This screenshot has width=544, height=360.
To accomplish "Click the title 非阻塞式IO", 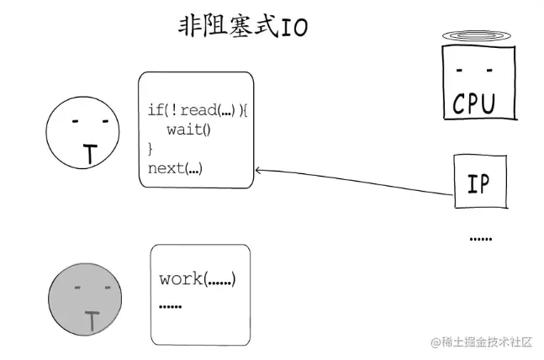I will [x=242, y=27].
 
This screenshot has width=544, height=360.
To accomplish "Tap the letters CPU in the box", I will [x=475, y=103].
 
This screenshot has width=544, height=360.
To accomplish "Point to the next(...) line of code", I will [x=175, y=167].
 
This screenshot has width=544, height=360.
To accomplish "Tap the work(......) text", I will [x=197, y=278].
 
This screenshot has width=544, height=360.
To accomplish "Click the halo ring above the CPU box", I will [x=475, y=35].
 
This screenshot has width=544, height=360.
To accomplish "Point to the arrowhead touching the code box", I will [x=258, y=171].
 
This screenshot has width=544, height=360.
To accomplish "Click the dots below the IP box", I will [x=480, y=239].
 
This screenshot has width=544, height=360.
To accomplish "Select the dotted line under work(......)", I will [x=170, y=305].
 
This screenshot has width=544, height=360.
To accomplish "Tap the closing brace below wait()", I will [x=151, y=148].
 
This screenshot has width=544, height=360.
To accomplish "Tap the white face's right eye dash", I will [x=105, y=121].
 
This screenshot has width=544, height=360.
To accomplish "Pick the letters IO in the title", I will [x=294, y=28].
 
